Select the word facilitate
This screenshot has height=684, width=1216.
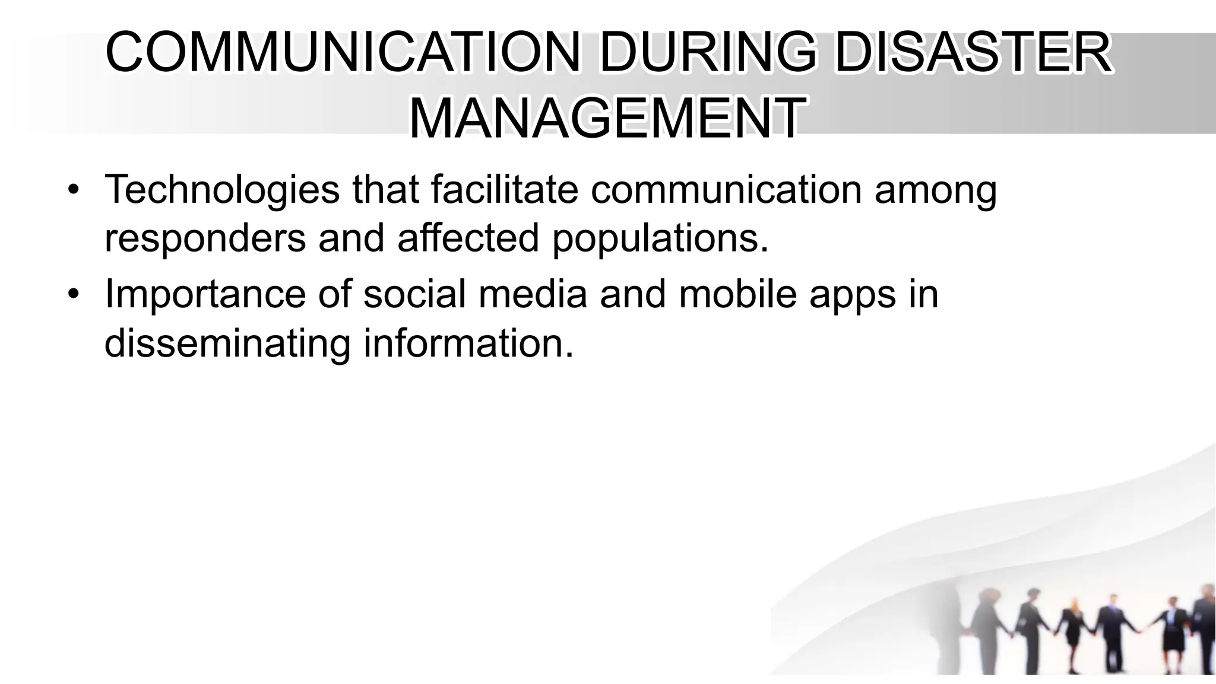[504, 190]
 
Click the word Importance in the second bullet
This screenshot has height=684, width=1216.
[205, 294]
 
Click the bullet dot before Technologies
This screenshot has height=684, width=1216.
[73, 190]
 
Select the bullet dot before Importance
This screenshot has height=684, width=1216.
[73, 294]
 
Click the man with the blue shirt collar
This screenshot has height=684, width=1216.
[1108, 629]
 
